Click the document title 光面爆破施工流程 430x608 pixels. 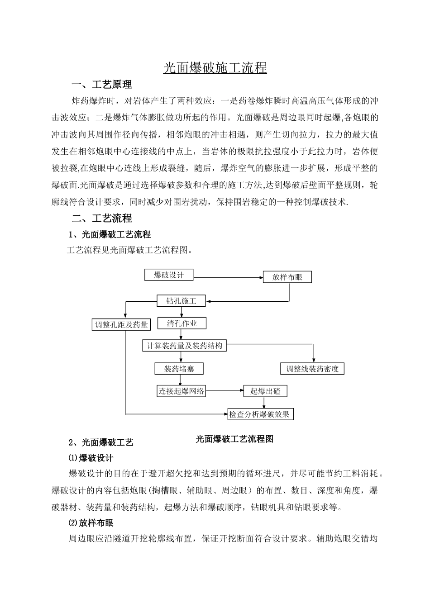click(x=215, y=68)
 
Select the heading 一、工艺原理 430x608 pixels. click(x=102, y=85)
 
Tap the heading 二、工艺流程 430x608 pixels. click(x=102, y=218)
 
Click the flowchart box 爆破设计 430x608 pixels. click(x=169, y=275)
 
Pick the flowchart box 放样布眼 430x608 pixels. click(x=287, y=277)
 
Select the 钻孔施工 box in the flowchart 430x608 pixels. click(x=182, y=300)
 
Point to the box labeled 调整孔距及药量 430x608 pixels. click(x=121, y=324)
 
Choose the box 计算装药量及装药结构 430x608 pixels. click(x=184, y=346)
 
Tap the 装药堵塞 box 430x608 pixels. click(x=179, y=369)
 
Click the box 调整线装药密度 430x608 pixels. click(x=312, y=369)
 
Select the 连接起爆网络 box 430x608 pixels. click(x=181, y=391)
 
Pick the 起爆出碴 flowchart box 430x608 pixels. click(x=265, y=391)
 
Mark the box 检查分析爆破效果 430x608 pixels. click(x=260, y=413)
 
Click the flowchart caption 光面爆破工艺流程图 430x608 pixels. click(x=234, y=439)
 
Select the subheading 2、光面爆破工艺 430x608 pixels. click(x=100, y=442)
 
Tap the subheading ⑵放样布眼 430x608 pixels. click(x=91, y=523)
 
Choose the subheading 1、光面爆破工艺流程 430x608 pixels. click(x=109, y=234)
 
